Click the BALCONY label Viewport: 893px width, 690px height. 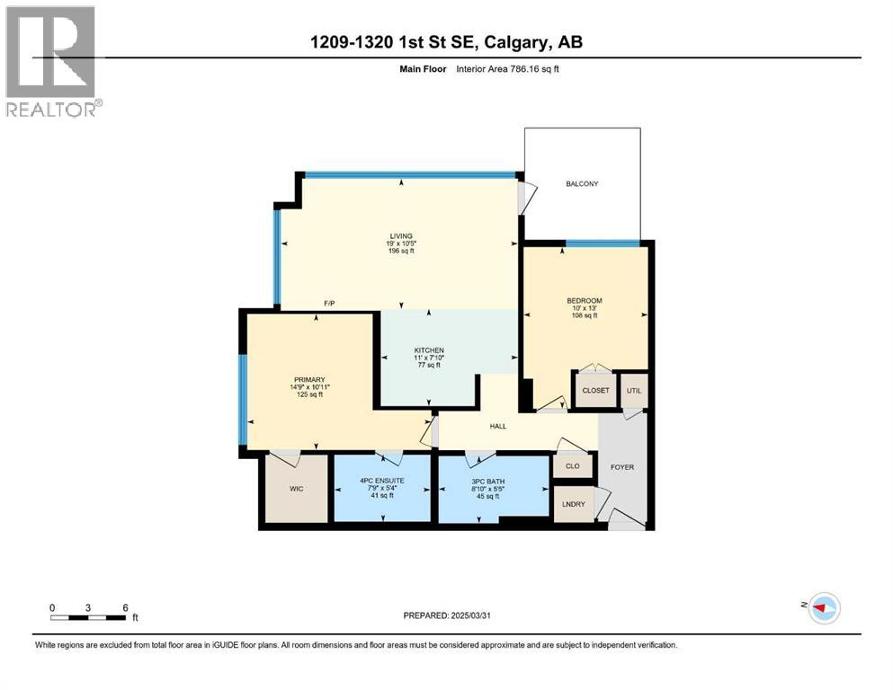tap(582, 184)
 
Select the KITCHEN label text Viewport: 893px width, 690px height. tap(429, 350)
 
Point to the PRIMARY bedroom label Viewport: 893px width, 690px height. tap(308, 380)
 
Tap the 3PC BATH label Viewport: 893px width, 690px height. tap(488, 482)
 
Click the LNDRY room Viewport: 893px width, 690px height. tap(573, 504)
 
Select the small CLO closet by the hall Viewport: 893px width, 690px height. tap(573, 466)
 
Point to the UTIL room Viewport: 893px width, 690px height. tap(634, 391)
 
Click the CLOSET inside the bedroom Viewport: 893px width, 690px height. tap(595, 391)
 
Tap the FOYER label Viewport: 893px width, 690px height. tap(623, 467)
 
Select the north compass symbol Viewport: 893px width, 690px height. tap(823, 608)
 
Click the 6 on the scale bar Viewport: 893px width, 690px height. tap(124, 607)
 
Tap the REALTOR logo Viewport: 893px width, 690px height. tap(52, 62)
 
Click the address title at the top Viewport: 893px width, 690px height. tap(446, 42)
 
